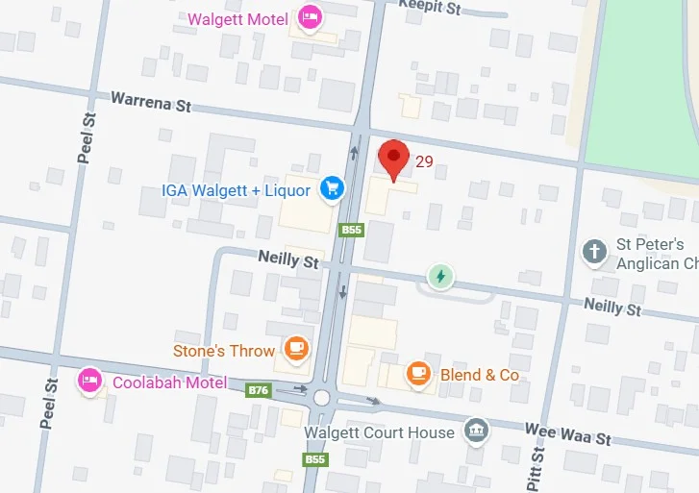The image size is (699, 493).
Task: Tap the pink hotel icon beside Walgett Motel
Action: [x=310, y=16]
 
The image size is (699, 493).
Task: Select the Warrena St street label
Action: [x=150, y=100]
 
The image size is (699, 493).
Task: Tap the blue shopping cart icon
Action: [x=333, y=188]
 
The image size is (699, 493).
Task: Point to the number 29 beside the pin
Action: [x=424, y=161]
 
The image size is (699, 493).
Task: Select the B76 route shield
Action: [x=258, y=390]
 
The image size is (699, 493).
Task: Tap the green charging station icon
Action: [x=440, y=277]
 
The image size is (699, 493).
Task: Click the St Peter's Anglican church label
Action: [x=650, y=254]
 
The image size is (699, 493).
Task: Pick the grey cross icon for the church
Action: [x=595, y=253]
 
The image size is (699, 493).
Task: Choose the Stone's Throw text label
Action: [x=224, y=351]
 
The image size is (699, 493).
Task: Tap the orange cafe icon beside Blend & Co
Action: [x=418, y=374]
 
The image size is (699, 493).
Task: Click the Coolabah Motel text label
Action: [x=170, y=382]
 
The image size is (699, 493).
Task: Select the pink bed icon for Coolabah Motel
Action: [x=90, y=381]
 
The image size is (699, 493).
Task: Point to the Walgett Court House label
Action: [x=379, y=432]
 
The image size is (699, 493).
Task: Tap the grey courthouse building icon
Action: [x=474, y=430]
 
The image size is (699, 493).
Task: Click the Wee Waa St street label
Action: [x=567, y=433]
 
